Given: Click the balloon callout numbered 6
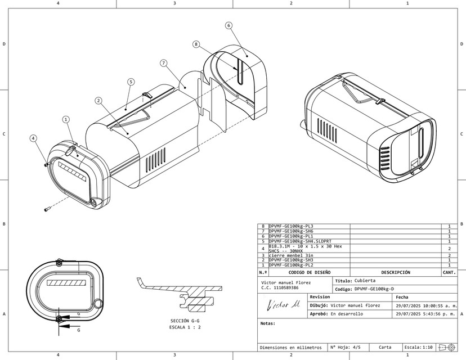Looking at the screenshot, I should click(x=228, y=25).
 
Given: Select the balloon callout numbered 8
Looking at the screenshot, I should click(x=196, y=44).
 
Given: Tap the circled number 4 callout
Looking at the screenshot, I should click(x=33, y=138).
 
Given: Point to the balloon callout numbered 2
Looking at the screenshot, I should click(x=98, y=101).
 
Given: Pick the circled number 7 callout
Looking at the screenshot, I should click(x=164, y=63).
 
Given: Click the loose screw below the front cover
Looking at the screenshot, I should click(x=47, y=210).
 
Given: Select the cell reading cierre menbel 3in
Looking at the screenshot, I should click(x=292, y=255).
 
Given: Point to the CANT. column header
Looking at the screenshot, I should click(x=449, y=272).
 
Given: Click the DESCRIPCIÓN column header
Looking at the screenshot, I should click(x=395, y=272).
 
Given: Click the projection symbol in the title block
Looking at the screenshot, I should click(x=448, y=347).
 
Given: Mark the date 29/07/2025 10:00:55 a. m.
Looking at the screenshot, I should click(x=426, y=305).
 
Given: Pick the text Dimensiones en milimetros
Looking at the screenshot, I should click(x=290, y=347).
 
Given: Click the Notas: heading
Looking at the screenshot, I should click(x=267, y=323).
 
